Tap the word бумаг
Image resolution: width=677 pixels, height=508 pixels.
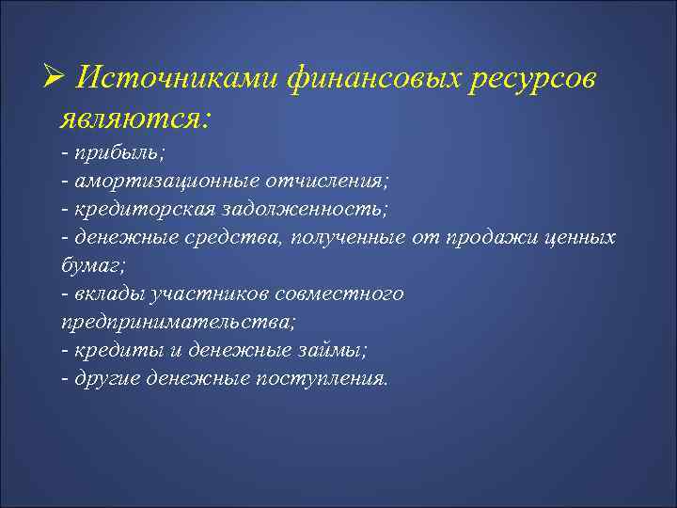pos(86,264)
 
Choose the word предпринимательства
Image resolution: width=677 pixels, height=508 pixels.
pos(176,321)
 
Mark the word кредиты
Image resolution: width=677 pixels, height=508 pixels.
pos(108,349)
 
